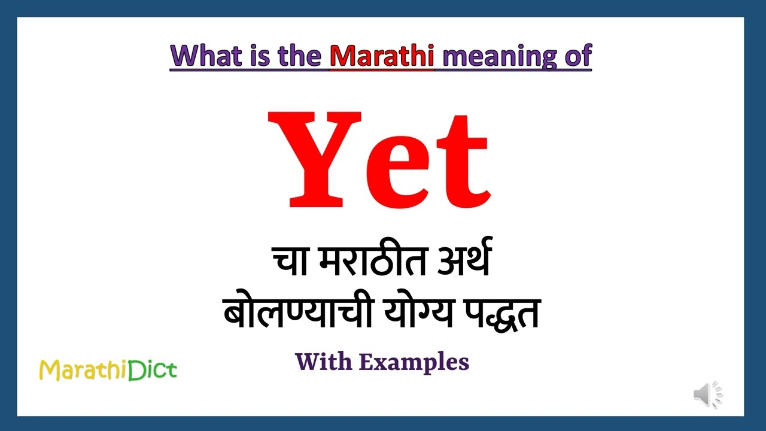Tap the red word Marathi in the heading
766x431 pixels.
(382, 56)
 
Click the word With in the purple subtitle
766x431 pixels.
(324, 362)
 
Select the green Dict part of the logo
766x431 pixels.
(152, 370)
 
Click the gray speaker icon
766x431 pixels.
(707, 394)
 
